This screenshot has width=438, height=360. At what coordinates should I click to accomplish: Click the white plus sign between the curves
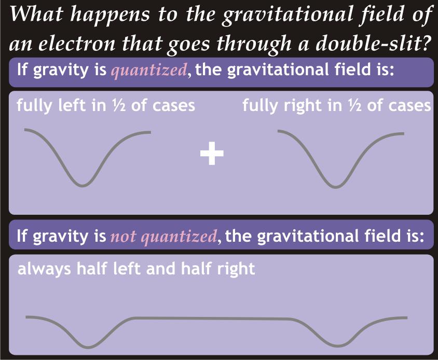[212, 154]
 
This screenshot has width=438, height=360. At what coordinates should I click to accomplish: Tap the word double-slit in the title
[372, 44]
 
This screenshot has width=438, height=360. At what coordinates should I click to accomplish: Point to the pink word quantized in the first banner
[148, 71]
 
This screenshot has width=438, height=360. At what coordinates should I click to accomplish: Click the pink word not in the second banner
[123, 237]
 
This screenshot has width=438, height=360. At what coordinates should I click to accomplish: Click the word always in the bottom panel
[44, 269]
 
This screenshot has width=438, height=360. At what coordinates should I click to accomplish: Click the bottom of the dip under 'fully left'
[83, 185]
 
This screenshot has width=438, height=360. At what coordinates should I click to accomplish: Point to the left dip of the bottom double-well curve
[88, 347]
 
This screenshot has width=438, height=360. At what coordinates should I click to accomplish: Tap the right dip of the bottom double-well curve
[338, 346]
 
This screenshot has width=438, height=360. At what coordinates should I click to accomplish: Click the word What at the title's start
[36, 15]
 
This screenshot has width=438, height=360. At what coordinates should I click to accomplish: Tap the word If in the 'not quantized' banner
[22, 236]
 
